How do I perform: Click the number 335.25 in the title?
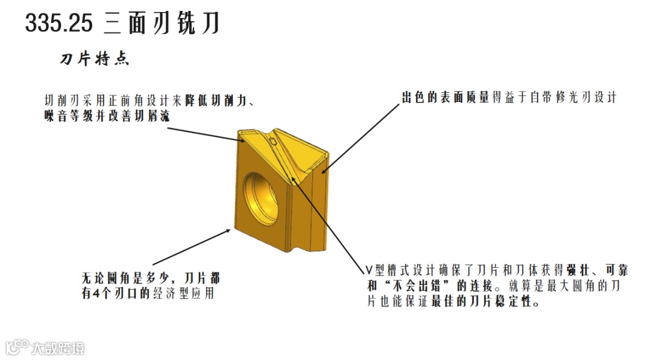click(59, 24)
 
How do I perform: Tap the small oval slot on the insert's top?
click(274, 142)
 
